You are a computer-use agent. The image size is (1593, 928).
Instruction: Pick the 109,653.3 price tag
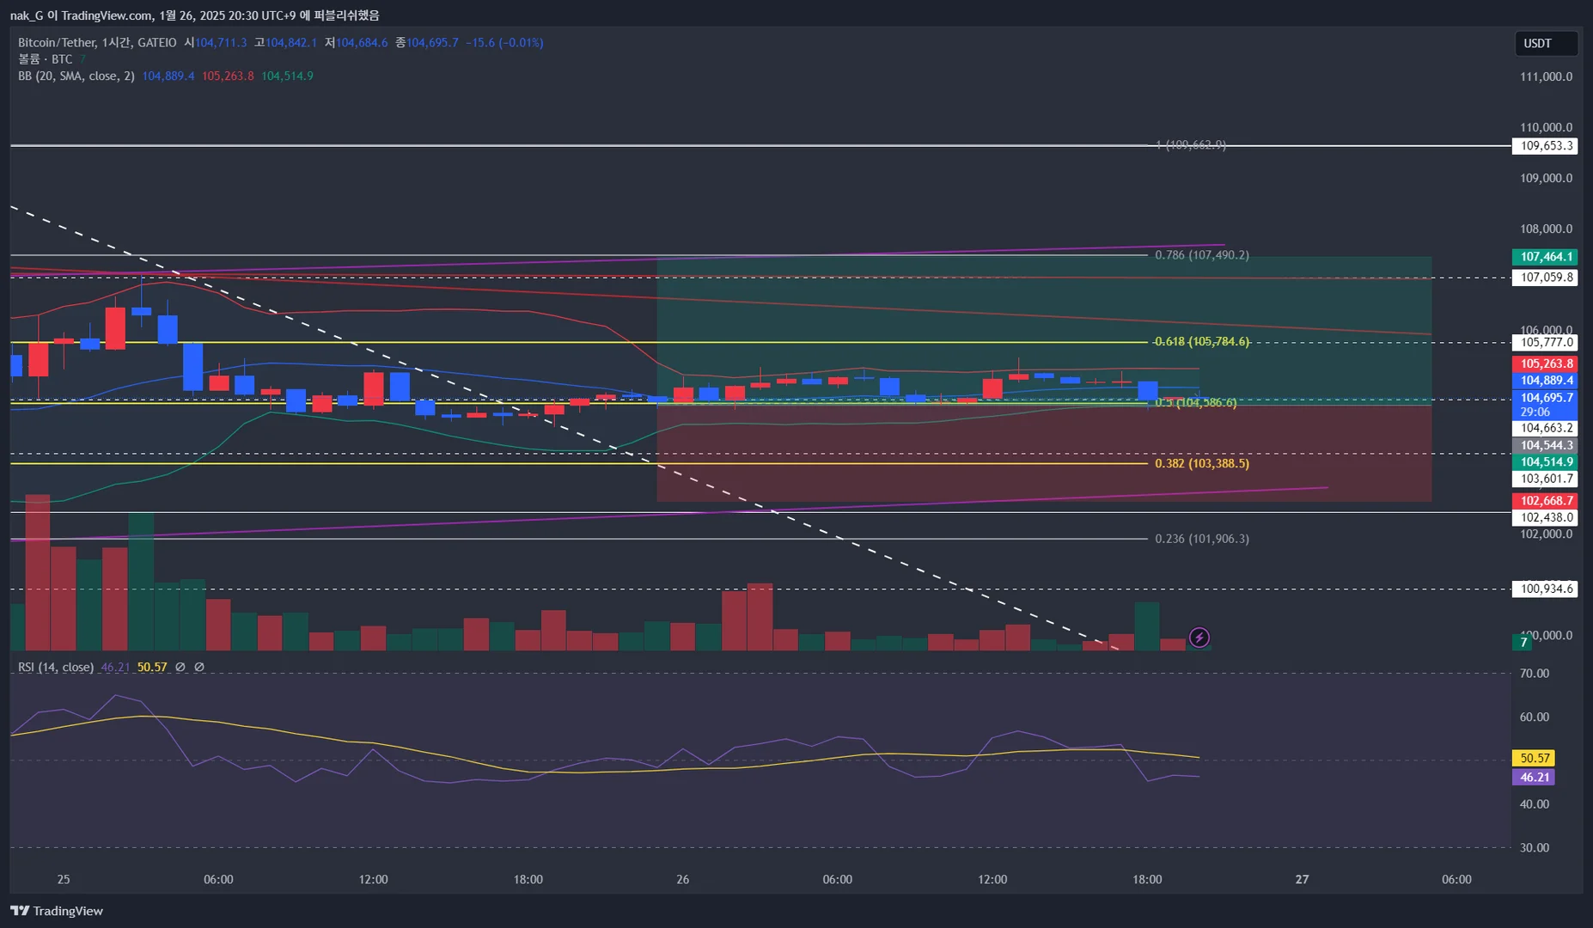point(1546,146)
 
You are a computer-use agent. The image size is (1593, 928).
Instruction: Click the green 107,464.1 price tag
point(1546,257)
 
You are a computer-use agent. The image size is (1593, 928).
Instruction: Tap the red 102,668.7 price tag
point(1546,501)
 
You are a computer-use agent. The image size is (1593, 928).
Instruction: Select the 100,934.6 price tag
point(1546,589)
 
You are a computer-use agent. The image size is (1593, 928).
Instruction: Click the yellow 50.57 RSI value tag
point(1535,758)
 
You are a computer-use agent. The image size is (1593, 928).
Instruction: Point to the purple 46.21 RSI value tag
point(1535,778)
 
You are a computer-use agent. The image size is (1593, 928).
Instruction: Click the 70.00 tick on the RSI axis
point(1534,674)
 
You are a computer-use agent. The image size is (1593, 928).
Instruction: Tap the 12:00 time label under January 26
point(992,880)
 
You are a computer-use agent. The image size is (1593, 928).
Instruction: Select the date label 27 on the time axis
point(1302,880)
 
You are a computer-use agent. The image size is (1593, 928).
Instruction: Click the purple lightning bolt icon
point(1199,638)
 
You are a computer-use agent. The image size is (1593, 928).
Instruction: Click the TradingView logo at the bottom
point(57,911)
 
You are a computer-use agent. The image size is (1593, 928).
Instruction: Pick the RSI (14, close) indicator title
point(56,668)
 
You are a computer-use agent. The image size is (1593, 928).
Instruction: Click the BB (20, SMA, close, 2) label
point(76,76)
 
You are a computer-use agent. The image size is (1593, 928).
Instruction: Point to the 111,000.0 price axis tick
point(1546,77)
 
